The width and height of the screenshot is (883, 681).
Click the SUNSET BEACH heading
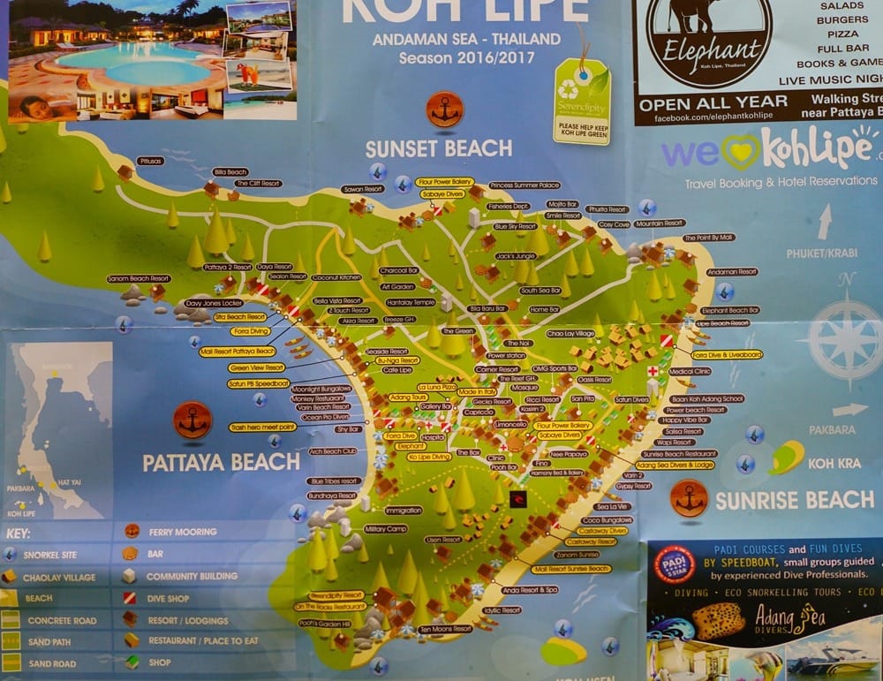[438, 148]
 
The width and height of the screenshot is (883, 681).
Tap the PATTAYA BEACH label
[221, 461]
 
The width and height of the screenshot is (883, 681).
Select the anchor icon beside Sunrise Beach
[689, 498]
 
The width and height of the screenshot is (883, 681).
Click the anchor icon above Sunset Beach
[444, 110]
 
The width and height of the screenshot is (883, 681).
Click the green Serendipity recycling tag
[581, 101]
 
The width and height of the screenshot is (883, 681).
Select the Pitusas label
[150, 161]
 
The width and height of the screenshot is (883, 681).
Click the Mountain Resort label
[660, 223]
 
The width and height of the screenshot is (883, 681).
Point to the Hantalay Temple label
[411, 302]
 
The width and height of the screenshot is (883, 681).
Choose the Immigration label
[404, 510]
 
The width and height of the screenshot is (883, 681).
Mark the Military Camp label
[386, 529]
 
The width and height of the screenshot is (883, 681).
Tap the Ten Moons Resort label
[446, 629]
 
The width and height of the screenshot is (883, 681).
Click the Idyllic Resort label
[502, 609]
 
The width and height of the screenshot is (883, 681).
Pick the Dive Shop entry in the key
[174, 598]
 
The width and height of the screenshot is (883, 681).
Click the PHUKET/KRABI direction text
[821, 253]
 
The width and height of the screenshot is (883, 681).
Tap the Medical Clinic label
[690, 372]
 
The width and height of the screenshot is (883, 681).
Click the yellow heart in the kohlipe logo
[740, 151]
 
